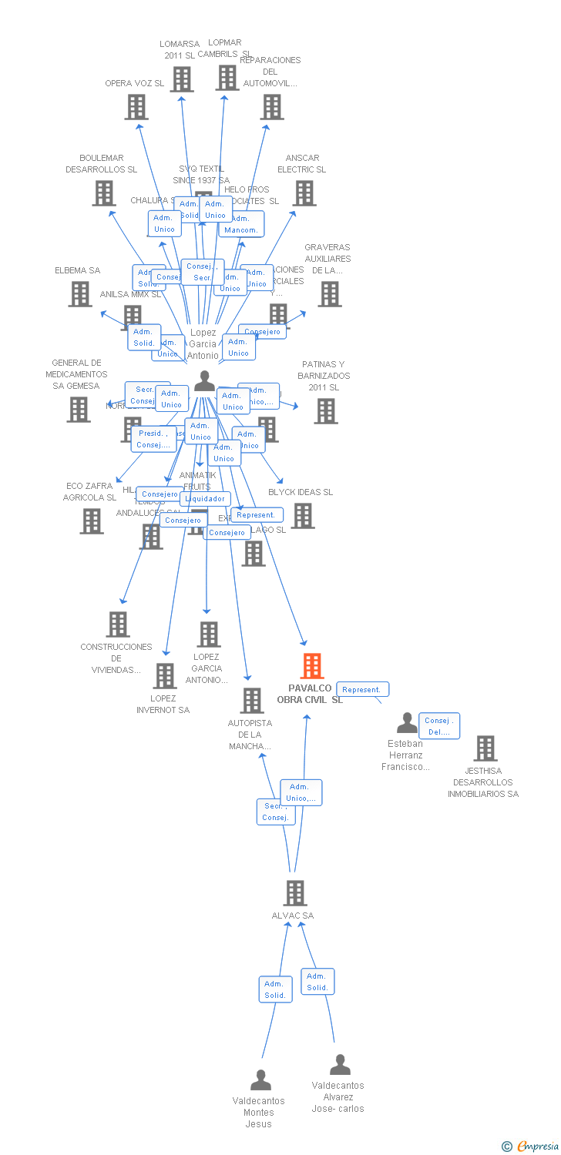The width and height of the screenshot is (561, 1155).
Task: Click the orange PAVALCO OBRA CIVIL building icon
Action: tap(311, 666)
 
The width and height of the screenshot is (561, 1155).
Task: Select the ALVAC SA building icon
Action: tap(295, 893)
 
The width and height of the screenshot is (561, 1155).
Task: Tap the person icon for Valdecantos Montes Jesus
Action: tap(261, 1080)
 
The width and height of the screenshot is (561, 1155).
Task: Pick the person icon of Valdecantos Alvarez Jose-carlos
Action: tap(340, 1065)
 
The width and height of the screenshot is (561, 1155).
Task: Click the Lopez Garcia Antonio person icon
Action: tap(204, 381)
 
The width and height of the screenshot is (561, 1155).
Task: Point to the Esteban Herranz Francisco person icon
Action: tap(407, 723)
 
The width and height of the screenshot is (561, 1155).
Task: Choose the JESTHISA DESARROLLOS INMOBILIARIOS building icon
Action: tap(485, 748)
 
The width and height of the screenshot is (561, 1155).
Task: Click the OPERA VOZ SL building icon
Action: tap(136, 107)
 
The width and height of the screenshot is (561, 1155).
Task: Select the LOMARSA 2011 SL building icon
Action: tap(182, 79)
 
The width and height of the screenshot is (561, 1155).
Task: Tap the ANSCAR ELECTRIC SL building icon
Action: tap(304, 193)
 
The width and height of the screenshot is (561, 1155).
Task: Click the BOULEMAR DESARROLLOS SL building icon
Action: tap(103, 193)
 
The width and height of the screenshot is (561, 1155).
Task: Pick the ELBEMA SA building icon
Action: tap(80, 294)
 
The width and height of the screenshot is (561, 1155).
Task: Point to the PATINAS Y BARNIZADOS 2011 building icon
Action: tap(325, 411)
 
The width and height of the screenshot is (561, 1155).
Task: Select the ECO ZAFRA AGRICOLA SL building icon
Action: tap(92, 521)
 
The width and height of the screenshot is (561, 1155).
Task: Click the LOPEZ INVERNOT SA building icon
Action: tap(165, 676)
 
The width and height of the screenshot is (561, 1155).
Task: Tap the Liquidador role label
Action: tap(205, 498)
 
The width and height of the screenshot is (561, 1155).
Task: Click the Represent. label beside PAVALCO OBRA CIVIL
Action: tap(362, 689)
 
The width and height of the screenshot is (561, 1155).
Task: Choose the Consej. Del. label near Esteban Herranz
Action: tap(439, 726)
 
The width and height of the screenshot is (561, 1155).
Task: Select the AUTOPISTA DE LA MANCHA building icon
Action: tap(252, 701)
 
